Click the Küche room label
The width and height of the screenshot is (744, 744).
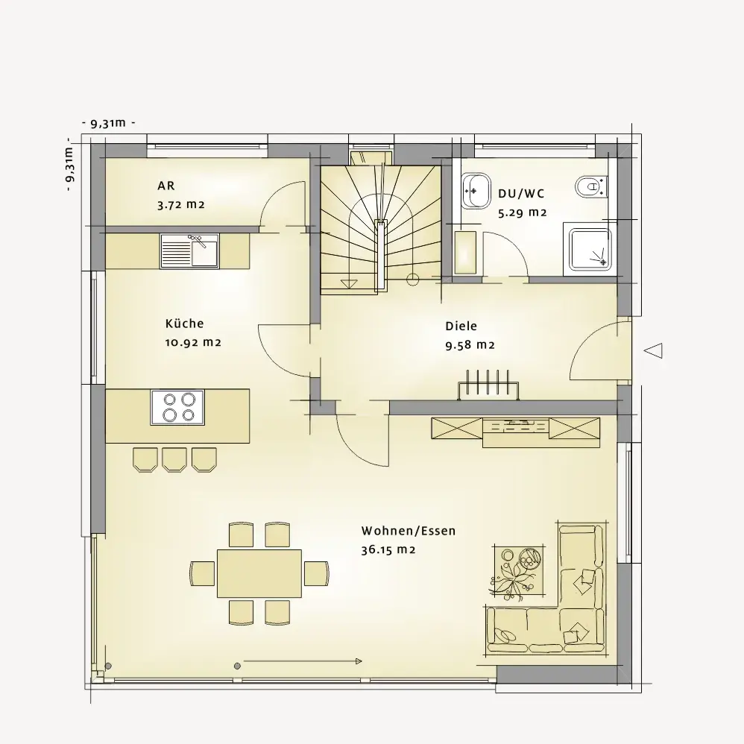(185, 324)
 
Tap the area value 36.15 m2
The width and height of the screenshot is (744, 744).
(388, 550)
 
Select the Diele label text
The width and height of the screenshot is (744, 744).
(461, 326)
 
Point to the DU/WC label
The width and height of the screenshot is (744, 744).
(521, 194)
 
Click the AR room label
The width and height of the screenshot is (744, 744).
(166, 186)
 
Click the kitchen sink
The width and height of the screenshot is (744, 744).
(190, 251)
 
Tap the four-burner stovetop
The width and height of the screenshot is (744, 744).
(177, 407)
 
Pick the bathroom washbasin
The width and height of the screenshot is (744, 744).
(476, 190)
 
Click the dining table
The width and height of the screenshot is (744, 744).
(259, 574)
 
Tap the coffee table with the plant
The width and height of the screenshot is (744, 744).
(518, 571)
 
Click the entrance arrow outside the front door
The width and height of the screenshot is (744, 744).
(653, 351)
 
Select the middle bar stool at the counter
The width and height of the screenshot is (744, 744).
(174, 459)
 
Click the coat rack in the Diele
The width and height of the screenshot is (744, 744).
(488, 384)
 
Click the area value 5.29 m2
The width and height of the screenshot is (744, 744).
(523, 212)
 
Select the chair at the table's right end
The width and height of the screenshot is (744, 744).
(317, 573)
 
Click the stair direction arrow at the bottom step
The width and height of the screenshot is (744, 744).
(349, 283)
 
